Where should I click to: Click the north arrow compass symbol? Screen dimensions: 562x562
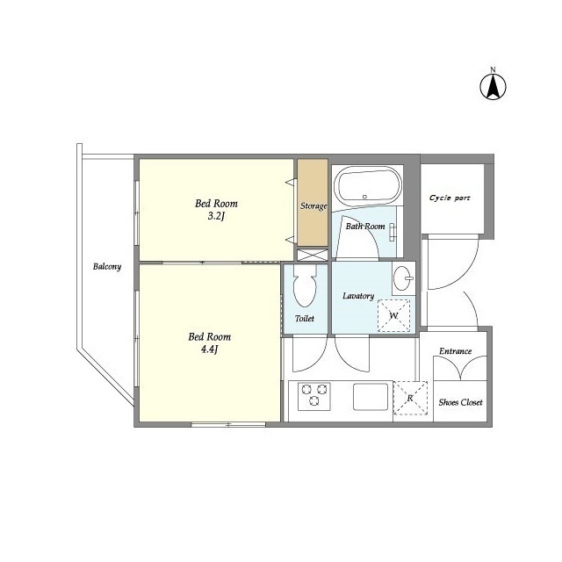tap(493, 87)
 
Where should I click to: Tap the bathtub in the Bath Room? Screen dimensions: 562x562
tap(367, 185)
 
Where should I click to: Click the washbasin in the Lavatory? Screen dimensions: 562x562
tap(404, 278)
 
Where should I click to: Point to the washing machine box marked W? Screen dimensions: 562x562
tap(394, 316)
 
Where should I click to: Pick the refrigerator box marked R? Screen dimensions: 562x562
tap(410, 398)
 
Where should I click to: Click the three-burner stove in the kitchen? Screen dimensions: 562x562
tap(314, 396)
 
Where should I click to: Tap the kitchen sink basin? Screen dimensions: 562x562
tap(371, 396)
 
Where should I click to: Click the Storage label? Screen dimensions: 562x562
tap(313, 206)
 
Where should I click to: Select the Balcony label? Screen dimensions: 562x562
tap(107, 266)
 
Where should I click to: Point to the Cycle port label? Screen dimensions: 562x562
tap(450, 198)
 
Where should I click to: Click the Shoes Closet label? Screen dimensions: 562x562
tap(460, 402)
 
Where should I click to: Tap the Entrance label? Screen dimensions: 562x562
tap(456, 351)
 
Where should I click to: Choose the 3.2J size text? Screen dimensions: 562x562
tap(216, 217)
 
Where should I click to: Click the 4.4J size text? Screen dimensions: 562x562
tap(210, 349)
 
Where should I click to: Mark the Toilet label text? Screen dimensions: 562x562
tap(305, 318)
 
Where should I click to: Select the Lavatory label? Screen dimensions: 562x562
tap(358, 296)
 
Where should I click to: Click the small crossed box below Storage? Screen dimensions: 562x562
tap(313, 255)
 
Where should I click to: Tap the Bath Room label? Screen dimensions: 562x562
tap(365, 227)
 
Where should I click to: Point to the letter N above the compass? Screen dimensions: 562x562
tap(494, 69)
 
